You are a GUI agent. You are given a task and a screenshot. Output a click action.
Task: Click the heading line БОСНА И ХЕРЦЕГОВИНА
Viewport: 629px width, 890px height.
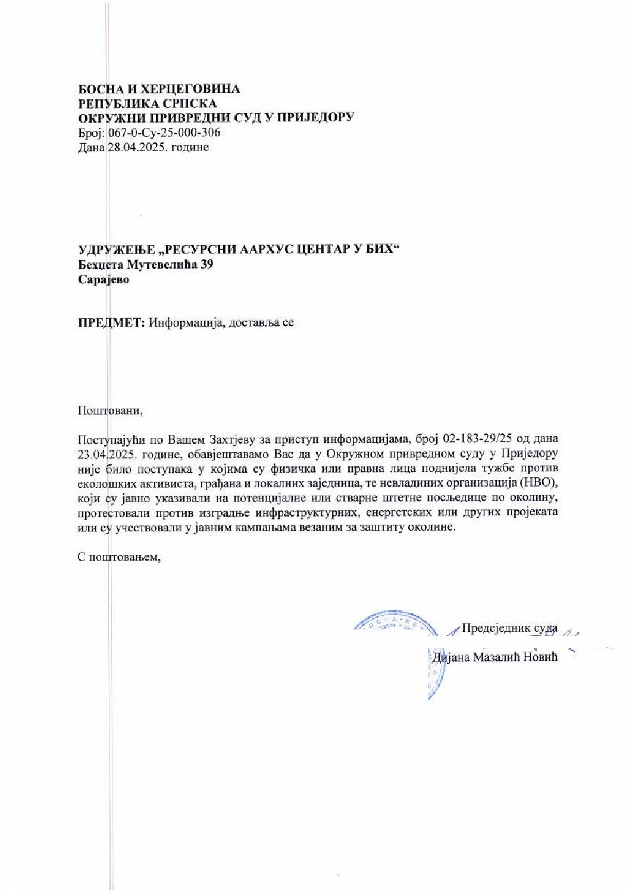click(x=159, y=89)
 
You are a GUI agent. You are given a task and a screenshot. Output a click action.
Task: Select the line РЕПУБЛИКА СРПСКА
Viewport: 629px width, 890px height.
click(x=148, y=104)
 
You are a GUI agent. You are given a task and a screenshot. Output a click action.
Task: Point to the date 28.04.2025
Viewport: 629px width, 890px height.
click(x=137, y=147)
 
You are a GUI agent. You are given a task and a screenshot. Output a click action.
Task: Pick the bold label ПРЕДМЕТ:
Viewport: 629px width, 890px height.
click(x=111, y=322)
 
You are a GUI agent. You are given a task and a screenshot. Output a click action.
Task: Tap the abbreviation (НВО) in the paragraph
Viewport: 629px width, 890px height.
click(x=537, y=482)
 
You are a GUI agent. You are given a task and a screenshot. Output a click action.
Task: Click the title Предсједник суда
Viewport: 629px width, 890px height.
click(x=509, y=628)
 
